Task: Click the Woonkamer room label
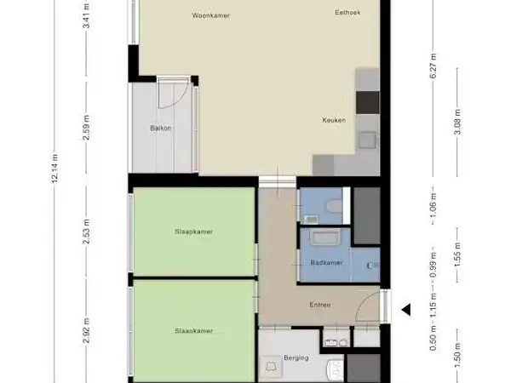(x=211, y=15)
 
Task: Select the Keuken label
(x=333, y=120)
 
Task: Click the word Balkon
(x=160, y=129)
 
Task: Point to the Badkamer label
(x=326, y=262)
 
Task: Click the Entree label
(x=320, y=305)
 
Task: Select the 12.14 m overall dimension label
(x=55, y=169)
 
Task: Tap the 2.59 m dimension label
(x=87, y=129)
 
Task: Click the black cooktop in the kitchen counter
(x=367, y=102)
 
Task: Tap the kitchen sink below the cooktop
(x=368, y=135)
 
